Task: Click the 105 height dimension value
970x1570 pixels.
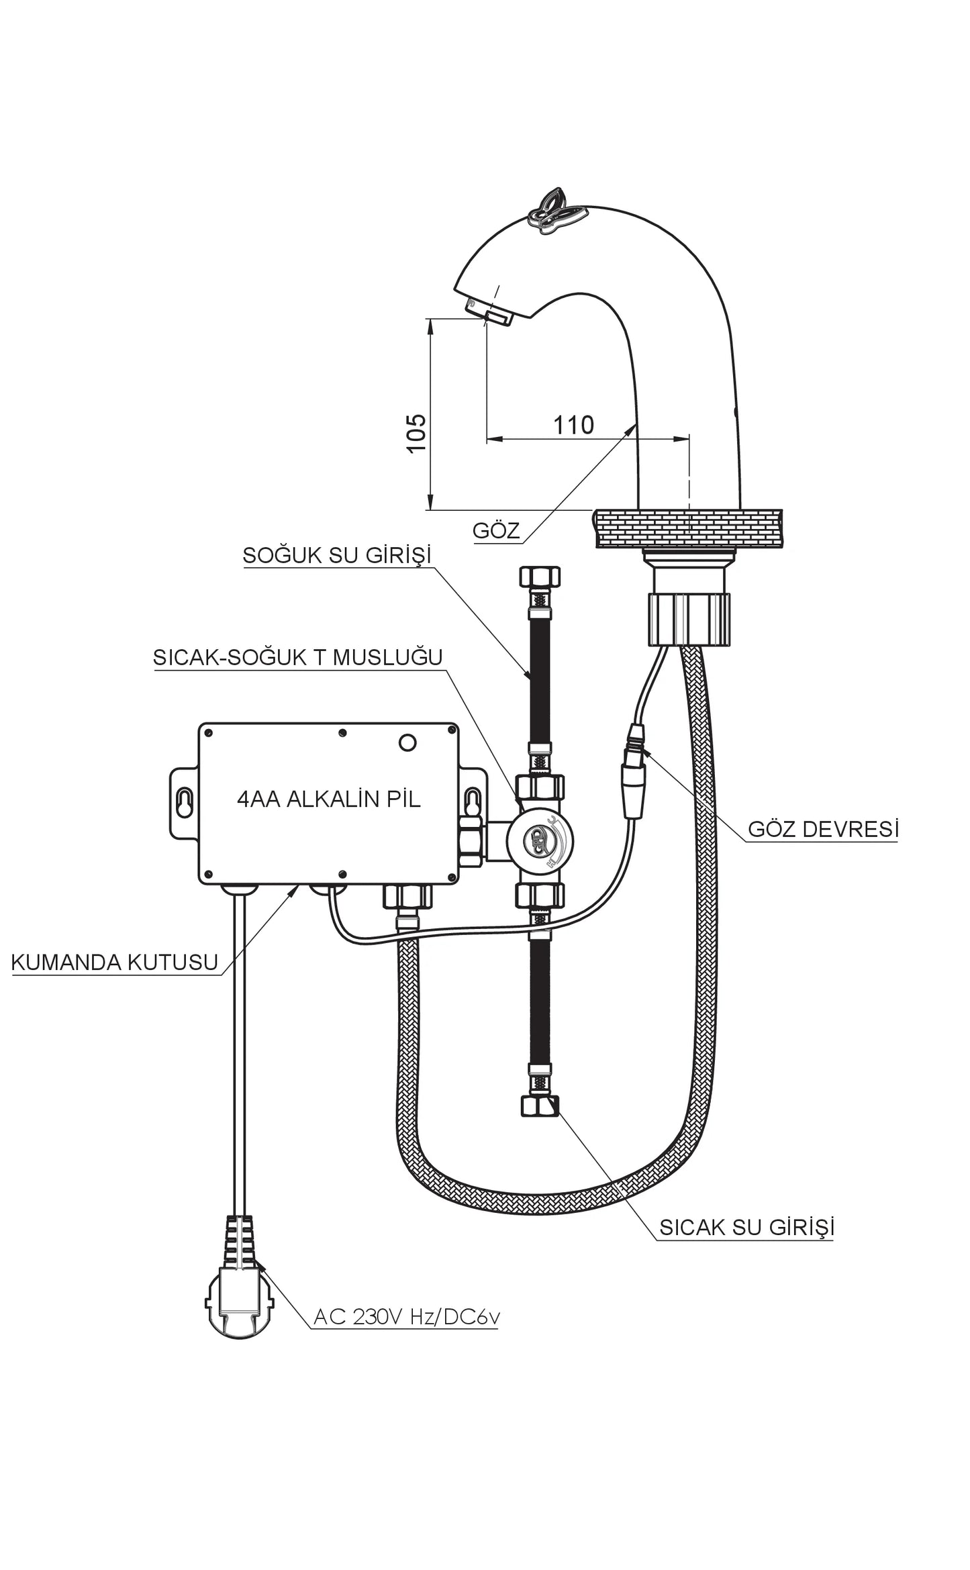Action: [416, 433]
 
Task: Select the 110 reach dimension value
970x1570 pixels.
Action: [573, 425]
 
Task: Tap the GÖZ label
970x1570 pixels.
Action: [496, 530]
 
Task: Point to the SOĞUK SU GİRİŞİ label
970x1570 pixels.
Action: [336, 555]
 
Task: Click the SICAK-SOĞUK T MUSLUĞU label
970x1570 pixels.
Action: [297, 656]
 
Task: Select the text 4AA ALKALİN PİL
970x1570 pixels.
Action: [329, 799]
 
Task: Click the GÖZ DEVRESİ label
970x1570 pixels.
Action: [823, 829]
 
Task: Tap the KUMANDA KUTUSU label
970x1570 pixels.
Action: [115, 962]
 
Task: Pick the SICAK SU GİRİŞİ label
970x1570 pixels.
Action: [746, 1227]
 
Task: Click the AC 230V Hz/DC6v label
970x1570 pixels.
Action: [407, 1317]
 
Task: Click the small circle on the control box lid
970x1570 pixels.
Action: [407, 742]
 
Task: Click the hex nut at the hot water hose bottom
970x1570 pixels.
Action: [540, 1106]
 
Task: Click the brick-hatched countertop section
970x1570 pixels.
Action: [688, 528]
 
